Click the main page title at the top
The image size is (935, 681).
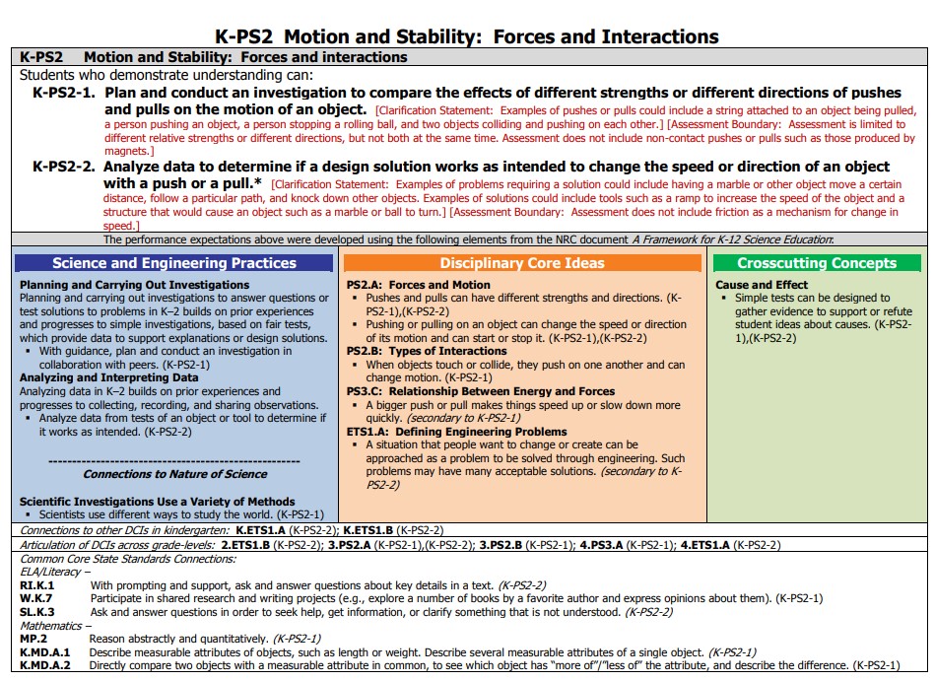click(x=467, y=36)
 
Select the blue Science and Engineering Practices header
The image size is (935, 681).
click(x=174, y=263)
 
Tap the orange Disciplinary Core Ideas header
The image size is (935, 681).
click(x=522, y=263)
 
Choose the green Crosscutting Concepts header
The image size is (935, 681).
click(x=817, y=263)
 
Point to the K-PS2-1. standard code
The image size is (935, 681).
click(x=64, y=93)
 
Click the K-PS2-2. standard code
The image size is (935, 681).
click(x=64, y=166)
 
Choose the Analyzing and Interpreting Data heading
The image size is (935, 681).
click(x=109, y=377)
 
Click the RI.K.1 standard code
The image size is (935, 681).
click(x=36, y=585)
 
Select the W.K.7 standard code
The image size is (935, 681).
click(x=35, y=598)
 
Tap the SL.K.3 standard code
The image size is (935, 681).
click(x=36, y=612)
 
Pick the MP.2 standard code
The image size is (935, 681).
click(x=33, y=639)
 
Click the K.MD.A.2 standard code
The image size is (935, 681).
click(x=44, y=665)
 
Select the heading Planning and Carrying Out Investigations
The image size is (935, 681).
click(x=135, y=285)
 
